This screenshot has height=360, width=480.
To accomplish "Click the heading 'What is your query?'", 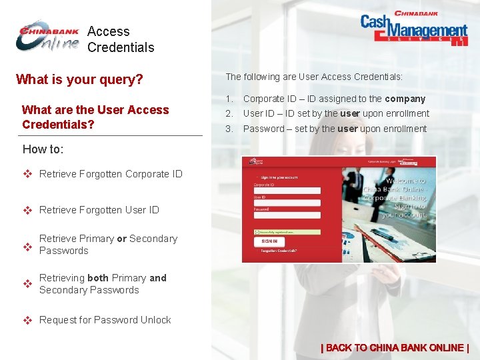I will (79, 80).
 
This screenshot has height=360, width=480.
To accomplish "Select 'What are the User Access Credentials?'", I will (95, 117).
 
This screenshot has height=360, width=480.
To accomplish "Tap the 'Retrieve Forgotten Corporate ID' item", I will (111, 174).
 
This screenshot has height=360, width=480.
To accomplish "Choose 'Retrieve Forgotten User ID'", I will (99, 210).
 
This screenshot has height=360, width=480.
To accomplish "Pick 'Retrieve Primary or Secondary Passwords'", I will (108, 245).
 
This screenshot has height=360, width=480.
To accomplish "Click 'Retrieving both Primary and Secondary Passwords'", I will (103, 284).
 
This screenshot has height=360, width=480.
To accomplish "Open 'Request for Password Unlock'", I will (105, 320).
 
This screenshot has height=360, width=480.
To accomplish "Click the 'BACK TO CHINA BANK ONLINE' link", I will (395, 347).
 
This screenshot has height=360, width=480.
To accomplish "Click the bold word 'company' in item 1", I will (405, 99).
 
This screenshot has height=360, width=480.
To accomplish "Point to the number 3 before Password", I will (229, 129).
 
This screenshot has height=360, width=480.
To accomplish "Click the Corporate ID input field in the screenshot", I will (287, 191).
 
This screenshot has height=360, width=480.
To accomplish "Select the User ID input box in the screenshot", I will (287, 203).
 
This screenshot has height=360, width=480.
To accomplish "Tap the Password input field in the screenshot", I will (287, 215).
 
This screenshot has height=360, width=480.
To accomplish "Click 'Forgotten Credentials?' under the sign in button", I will (279, 251).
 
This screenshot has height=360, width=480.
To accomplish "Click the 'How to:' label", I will (43, 149).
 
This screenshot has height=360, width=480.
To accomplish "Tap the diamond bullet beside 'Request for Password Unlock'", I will (28, 320).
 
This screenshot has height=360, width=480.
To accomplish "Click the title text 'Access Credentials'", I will (121, 39).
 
